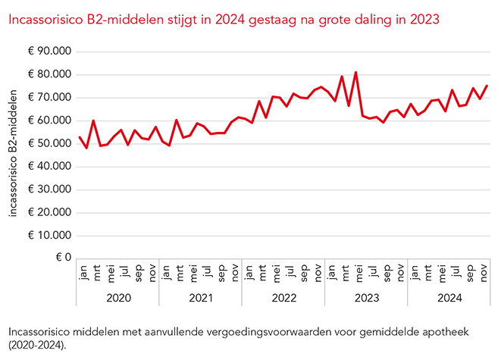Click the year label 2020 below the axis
(x=117, y=298)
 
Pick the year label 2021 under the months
(x=201, y=298)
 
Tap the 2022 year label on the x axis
(x=283, y=298)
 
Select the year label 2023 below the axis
(x=367, y=298)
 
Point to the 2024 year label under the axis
(x=449, y=298)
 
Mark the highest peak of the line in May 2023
(x=356, y=73)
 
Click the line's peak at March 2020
(x=93, y=121)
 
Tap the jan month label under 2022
(x=246, y=271)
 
